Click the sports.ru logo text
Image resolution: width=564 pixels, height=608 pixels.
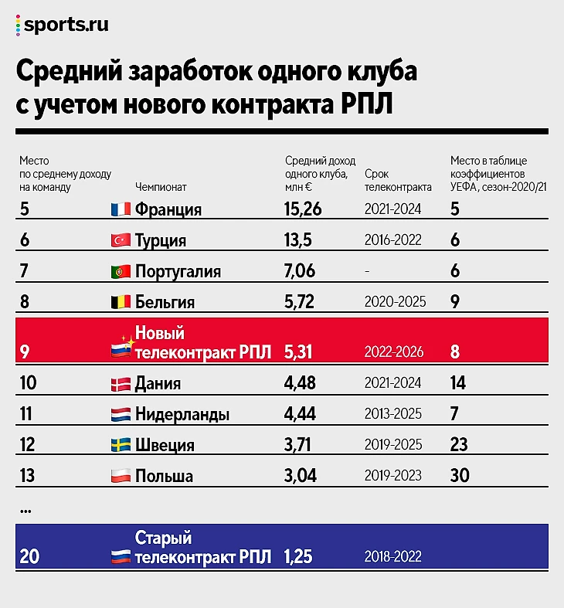click(x=66, y=25)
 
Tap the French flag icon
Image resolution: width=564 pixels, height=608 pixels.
click(x=120, y=210)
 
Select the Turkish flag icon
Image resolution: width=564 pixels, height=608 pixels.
click(x=120, y=240)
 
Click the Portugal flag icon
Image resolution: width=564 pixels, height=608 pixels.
click(x=120, y=271)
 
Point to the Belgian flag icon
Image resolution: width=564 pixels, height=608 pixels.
click(x=120, y=302)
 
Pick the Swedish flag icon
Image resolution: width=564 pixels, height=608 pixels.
click(x=120, y=445)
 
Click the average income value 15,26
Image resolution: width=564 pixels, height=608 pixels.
click(x=302, y=209)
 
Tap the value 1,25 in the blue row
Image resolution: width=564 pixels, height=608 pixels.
click(x=297, y=556)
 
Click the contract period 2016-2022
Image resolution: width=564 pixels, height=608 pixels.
click(x=392, y=240)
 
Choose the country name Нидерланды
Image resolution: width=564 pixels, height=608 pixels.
click(x=182, y=415)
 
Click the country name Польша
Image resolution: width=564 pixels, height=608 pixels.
click(x=164, y=475)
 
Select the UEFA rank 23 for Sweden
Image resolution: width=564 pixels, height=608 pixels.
click(x=460, y=445)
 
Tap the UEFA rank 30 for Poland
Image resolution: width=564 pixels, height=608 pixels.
click(x=460, y=475)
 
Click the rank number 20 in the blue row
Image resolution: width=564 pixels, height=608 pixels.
click(x=30, y=556)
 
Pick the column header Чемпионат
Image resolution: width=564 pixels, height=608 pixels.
click(x=161, y=186)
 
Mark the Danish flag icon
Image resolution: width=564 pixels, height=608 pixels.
click(x=120, y=384)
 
